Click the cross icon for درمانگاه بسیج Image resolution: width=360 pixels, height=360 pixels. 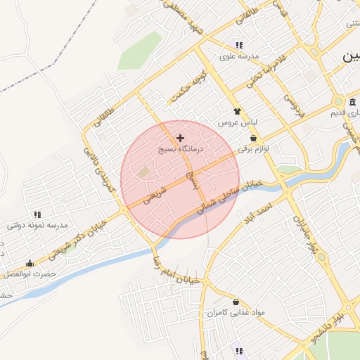181,138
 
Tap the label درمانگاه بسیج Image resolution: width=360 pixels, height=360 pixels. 181,150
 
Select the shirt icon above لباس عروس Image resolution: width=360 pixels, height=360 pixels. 238,111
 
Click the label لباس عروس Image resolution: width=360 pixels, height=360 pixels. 238,123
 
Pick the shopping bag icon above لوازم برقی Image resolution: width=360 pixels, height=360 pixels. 253,138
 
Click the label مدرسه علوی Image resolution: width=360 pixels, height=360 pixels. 239,56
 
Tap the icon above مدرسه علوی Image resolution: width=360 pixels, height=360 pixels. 239,45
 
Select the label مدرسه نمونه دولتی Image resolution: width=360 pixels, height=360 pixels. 37,225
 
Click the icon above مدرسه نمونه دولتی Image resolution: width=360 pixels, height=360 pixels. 37,214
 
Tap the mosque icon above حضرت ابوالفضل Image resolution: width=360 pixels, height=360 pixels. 30,264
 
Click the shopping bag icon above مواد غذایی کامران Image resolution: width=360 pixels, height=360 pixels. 229,300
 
